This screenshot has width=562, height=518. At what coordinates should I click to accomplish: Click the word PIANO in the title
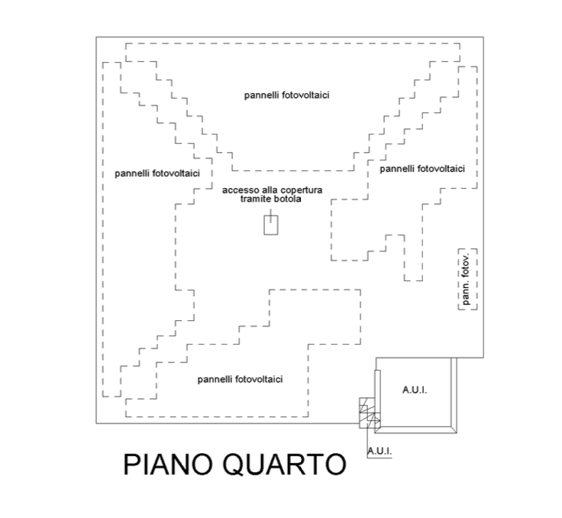click(168, 465)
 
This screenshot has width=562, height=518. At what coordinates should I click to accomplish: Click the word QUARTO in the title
click(285, 465)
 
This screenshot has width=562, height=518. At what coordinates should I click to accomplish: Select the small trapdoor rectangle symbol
click(271, 225)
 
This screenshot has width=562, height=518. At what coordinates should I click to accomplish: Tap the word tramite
click(254, 199)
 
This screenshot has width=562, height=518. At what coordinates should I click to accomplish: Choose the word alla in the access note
click(270, 189)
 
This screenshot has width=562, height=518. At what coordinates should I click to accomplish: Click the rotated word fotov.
click(466, 266)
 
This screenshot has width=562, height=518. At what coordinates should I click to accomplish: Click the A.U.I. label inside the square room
click(415, 390)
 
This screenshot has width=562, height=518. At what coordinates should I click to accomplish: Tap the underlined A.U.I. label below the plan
click(380, 452)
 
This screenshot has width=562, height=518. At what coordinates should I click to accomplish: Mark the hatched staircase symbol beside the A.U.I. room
click(370, 413)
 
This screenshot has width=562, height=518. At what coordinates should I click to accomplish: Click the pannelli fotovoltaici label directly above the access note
click(287, 96)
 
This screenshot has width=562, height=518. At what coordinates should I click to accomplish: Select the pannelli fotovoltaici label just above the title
click(240, 380)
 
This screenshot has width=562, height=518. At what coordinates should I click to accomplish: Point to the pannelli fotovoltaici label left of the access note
click(157, 173)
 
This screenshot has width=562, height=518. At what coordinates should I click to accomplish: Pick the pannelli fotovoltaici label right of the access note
click(422, 169)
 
